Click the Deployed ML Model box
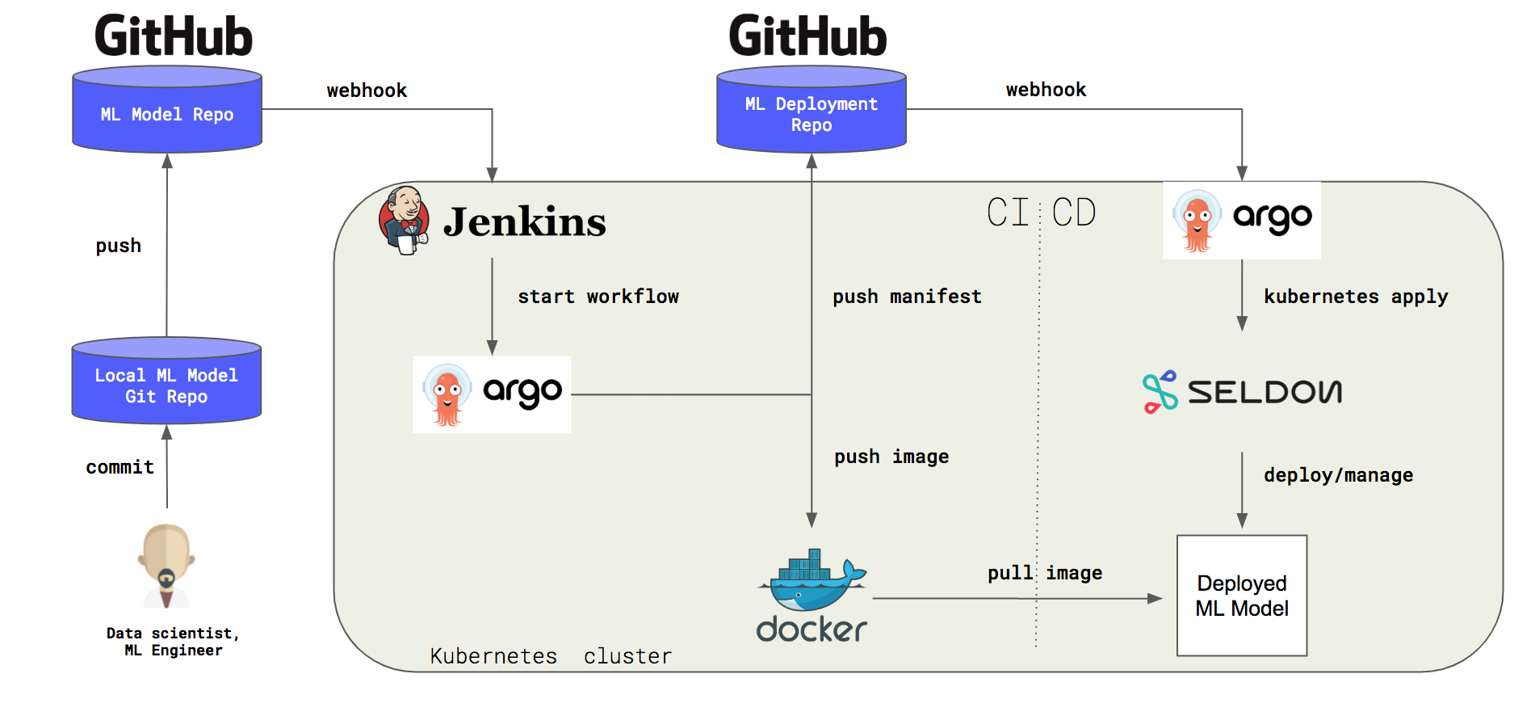1241,596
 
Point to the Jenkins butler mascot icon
404,220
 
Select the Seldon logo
1242,392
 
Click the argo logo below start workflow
492,394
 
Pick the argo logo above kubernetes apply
1241,220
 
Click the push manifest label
907,297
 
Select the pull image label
1045,573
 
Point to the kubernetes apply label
1356,297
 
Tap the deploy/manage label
1338,475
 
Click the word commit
120,467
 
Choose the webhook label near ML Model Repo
367,91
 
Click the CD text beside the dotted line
1074,213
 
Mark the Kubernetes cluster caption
551,655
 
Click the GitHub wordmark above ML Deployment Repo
807,36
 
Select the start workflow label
598,297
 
